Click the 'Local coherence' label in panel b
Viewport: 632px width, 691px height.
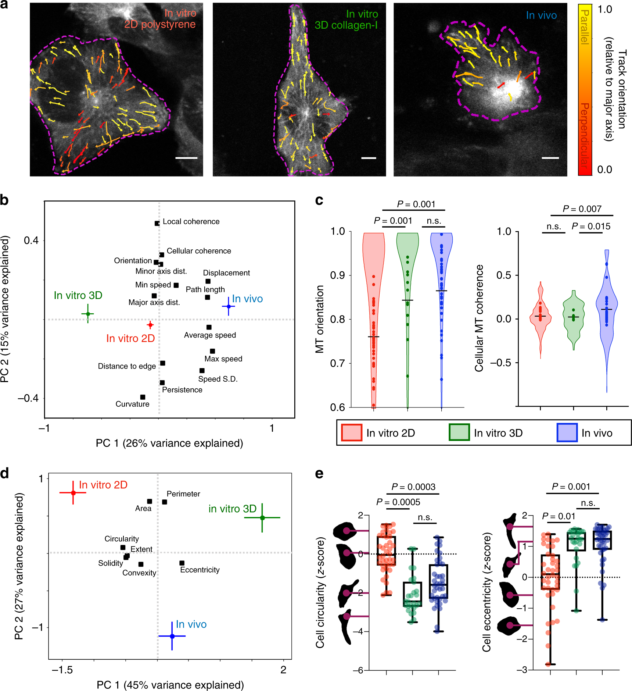(x=191, y=221)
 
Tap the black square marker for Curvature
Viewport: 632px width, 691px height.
(x=143, y=397)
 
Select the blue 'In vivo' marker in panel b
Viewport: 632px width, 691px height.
(x=229, y=306)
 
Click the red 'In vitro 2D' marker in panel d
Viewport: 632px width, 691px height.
(x=73, y=492)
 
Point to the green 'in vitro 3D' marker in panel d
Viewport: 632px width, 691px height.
(x=262, y=517)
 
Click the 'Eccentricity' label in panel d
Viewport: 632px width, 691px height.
(x=200, y=570)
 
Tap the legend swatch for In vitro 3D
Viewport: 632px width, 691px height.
(x=459, y=432)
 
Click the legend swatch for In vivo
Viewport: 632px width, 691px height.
(x=567, y=432)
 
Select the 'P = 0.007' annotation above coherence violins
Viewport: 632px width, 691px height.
(x=582, y=209)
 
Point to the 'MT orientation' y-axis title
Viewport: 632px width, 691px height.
(x=320, y=319)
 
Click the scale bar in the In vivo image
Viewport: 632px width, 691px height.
(x=550, y=158)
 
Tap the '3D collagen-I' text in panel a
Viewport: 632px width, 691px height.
(x=346, y=25)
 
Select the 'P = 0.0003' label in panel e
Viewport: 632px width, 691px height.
(x=413, y=487)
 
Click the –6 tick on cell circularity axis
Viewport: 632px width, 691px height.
(x=358, y=670)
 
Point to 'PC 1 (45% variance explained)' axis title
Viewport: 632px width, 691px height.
(x=170, y=685)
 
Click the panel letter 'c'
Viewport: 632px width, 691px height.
(x=319, y=200)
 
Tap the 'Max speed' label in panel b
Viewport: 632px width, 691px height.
(x=223, y=359)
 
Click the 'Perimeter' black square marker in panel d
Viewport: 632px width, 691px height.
(x=165, y=502)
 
